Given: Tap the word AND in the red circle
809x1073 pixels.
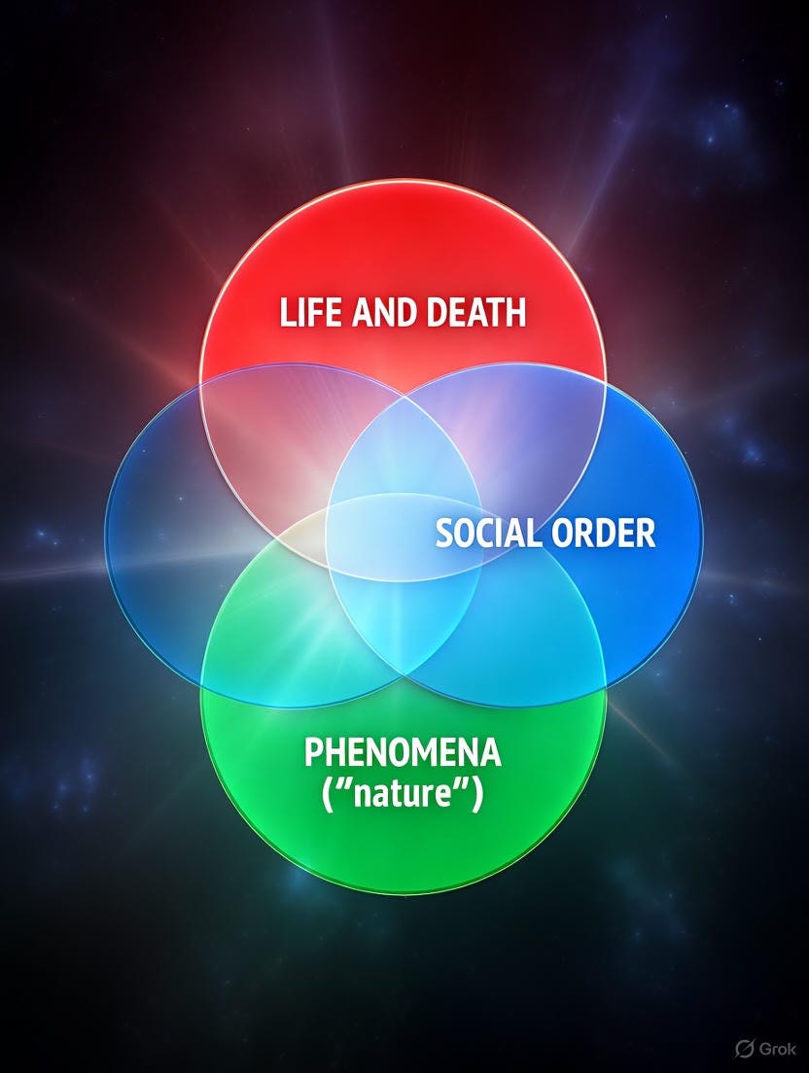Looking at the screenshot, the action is (373, 313).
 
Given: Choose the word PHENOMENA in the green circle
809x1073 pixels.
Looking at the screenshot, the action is (403, 753).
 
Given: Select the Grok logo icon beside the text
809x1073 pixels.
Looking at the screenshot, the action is (746, 1049).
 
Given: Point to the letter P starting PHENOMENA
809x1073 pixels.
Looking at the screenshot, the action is (313, 753).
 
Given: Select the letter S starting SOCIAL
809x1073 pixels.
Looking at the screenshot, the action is (442, 534).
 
